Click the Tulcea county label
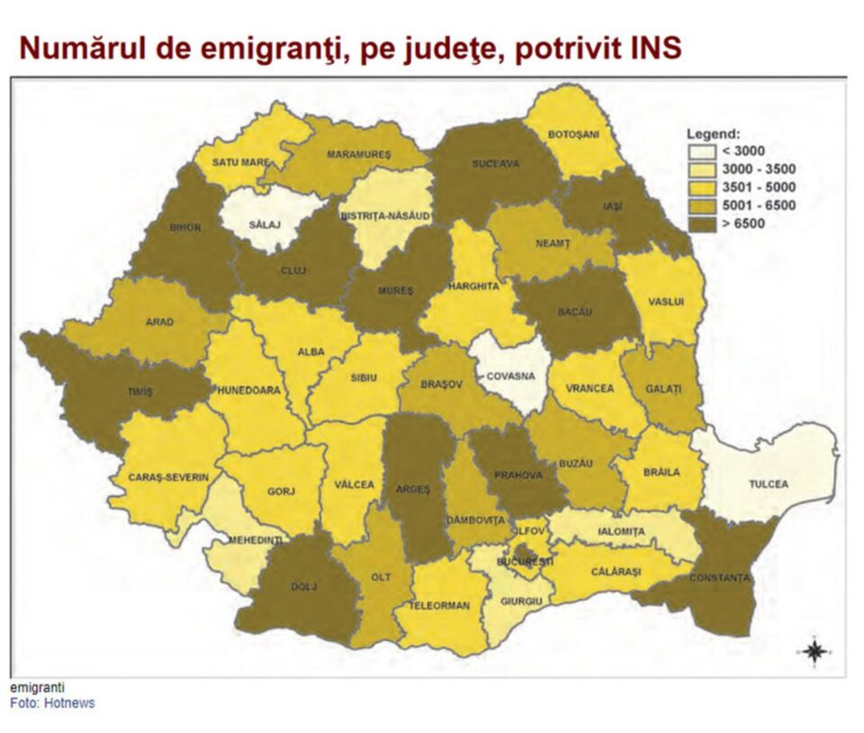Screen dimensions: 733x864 pos(768,484)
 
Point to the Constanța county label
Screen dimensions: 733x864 pos(721,576)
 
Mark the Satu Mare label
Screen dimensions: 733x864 pos(240,162)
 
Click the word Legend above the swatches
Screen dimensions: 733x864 pos(713,134)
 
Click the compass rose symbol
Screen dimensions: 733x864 pos(814,651)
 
